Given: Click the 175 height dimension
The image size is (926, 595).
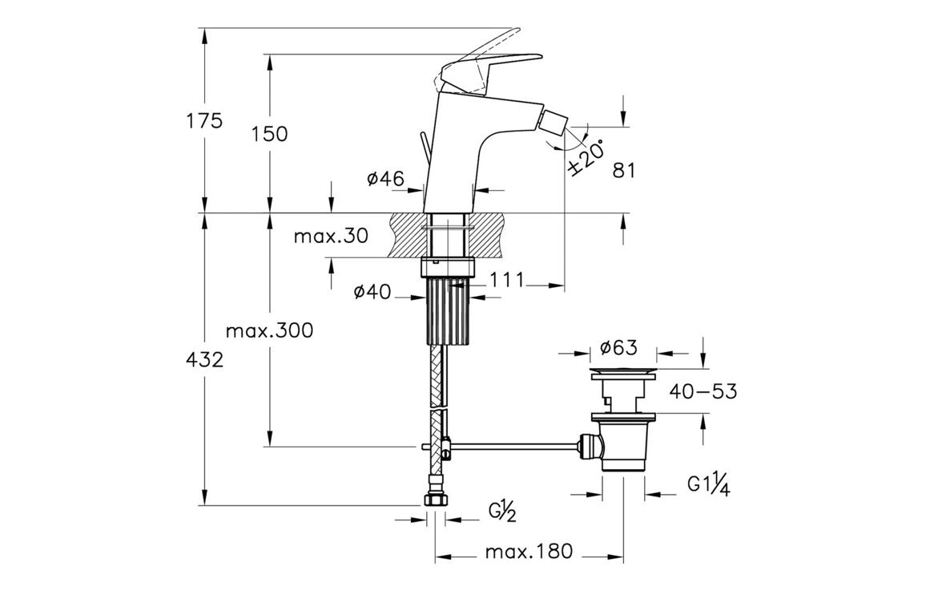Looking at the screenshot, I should (204, 121).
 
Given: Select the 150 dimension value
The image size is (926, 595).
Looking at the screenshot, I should (269, 133).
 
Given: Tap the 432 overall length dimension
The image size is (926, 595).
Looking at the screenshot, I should (204, 359).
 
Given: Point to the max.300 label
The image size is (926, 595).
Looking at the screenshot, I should (268, 330).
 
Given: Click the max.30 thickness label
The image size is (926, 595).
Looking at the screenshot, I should (330, 236).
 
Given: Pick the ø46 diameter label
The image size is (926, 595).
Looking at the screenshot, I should (384, 179).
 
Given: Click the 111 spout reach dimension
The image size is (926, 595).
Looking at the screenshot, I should (507, 279).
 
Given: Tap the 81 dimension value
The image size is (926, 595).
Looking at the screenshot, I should (623, 171).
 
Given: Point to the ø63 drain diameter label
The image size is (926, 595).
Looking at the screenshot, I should (618, 347).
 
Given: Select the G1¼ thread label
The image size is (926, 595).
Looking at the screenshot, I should (709, 484).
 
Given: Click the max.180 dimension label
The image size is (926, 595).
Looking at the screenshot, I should (529, 552).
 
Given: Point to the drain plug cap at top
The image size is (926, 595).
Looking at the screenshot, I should (623, 373).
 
